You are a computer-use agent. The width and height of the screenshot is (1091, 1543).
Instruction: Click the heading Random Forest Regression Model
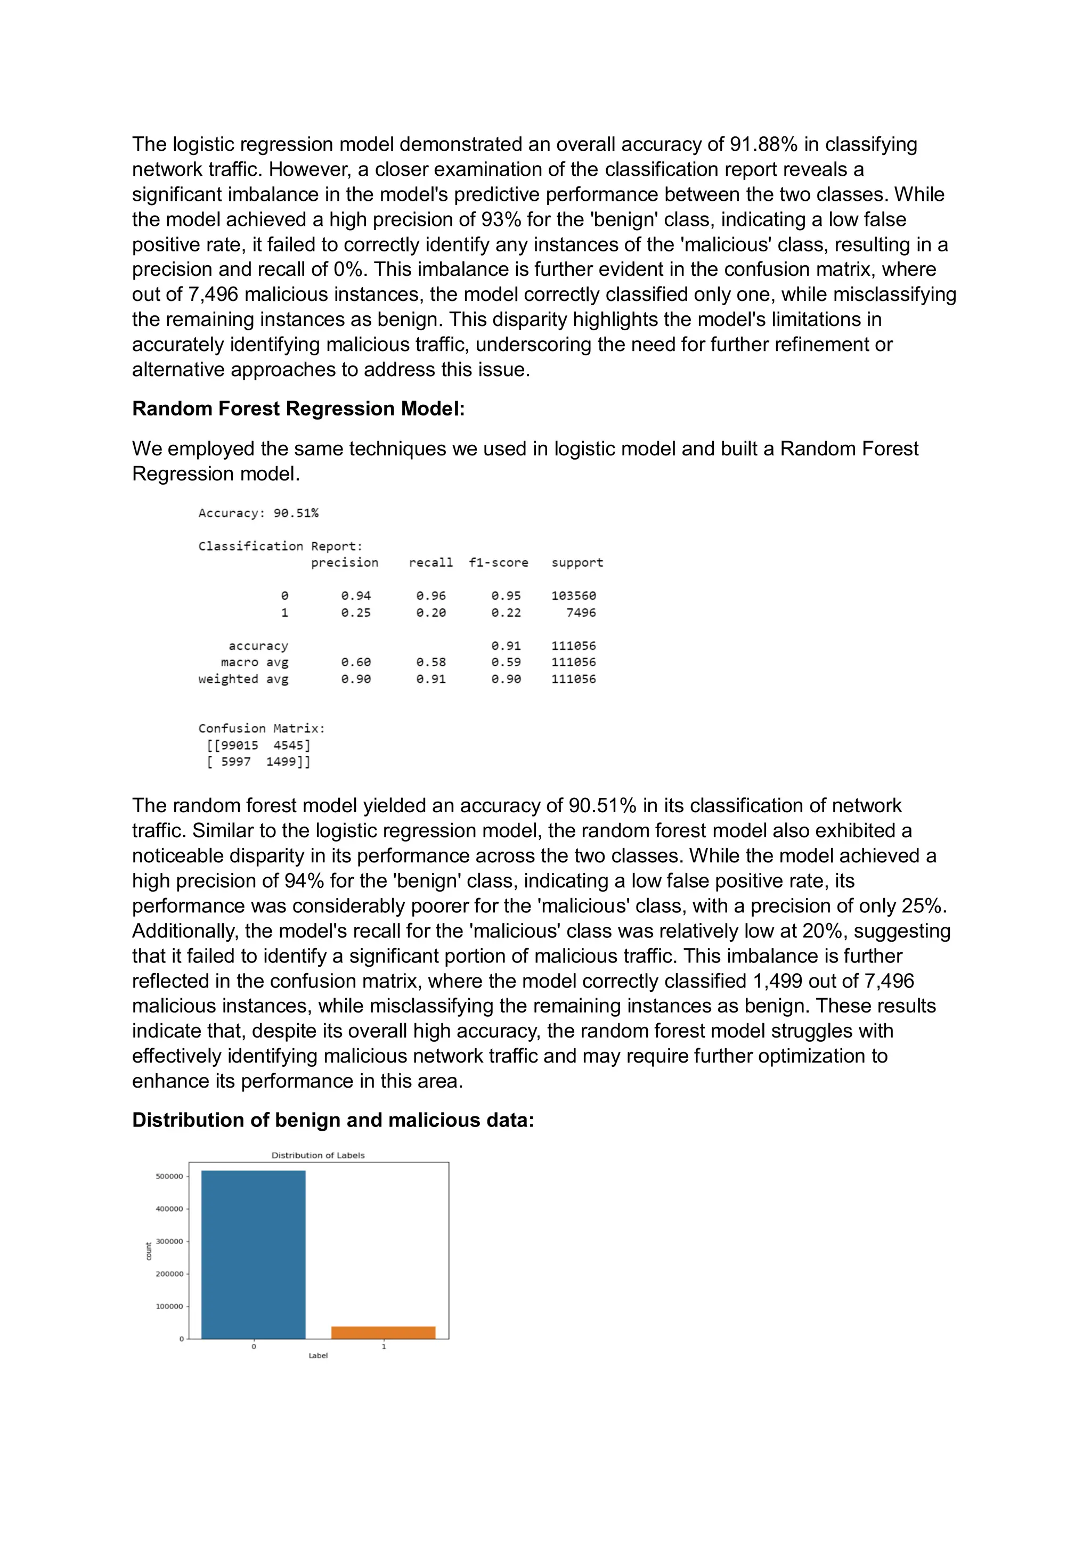(298, 409)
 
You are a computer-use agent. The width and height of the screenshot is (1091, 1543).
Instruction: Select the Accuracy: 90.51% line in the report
(258, 513)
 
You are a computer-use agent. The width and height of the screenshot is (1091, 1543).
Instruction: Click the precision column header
(344, 562)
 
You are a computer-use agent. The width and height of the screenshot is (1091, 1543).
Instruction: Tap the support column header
(577, 562)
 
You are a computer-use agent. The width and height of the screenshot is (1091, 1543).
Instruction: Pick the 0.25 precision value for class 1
(356, 612)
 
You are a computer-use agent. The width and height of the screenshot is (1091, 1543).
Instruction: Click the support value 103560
(573, 595)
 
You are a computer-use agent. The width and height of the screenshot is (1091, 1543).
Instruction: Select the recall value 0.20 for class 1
(430, 612)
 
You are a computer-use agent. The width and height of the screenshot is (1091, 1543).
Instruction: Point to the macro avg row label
(254, 662)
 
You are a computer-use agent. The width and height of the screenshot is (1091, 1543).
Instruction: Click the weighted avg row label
(243, 679)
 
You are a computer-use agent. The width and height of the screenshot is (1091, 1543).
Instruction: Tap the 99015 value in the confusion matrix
(239, 745)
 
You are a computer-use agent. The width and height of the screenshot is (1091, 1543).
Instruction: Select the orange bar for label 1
(383, 1332)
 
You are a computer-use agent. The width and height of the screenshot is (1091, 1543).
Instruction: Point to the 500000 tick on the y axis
(169, 1176)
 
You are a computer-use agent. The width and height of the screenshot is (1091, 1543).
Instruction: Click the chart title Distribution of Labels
(318, 1155)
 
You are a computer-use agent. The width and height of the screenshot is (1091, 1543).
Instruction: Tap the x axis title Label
(318, 1356)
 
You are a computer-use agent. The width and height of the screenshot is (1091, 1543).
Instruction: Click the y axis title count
(149, 1251)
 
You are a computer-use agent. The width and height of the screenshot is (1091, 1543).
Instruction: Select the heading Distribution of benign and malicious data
(333, 1120)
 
